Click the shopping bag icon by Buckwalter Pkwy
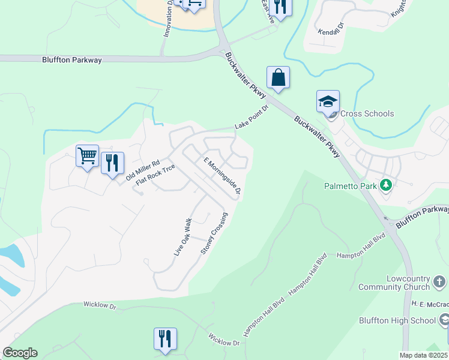pos(278,77)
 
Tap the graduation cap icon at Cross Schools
pos(328,101)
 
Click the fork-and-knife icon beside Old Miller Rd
pos(112,163)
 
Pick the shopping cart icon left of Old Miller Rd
pos(87,156)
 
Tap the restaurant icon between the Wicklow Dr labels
pos(164,338)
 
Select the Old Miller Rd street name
pos(142,171)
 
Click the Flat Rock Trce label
pos(155,175)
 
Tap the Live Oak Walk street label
pos(182,238)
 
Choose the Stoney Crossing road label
pos(214,233)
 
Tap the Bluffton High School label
pos(397,320)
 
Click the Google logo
pos(20,353)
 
